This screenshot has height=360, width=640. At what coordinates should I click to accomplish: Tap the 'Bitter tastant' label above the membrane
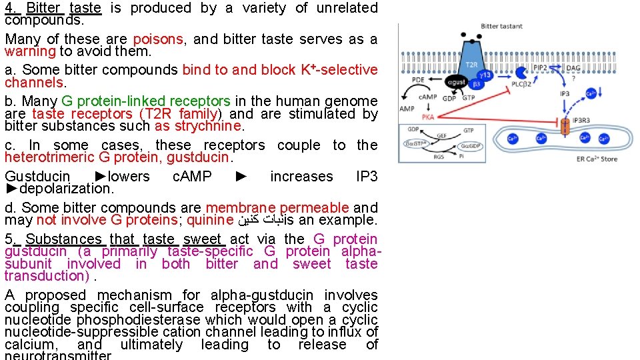pyautogui.click(x=501, y=26)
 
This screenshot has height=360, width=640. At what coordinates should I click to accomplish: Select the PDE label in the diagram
pyautogui.click(x=418, y=79)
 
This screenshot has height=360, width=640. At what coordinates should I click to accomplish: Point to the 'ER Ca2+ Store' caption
pyautogui.click(x=597, y=159)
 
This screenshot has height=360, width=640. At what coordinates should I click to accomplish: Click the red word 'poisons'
pyautogui.click(x=158, y=39)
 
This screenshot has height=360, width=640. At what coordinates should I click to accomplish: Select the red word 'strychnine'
pyautogui.click(x=207, y=126)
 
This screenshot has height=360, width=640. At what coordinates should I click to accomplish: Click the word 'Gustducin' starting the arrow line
pyautogui.click(x=37, y=177)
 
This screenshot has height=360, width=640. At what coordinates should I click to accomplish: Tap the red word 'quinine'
pyautogui.click(x=210, y=220)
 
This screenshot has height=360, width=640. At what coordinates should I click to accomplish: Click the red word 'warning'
pyautogui.click(x=31, y=51)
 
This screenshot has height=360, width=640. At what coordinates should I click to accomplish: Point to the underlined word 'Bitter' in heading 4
pyautogui.click(x=43, y=8)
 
